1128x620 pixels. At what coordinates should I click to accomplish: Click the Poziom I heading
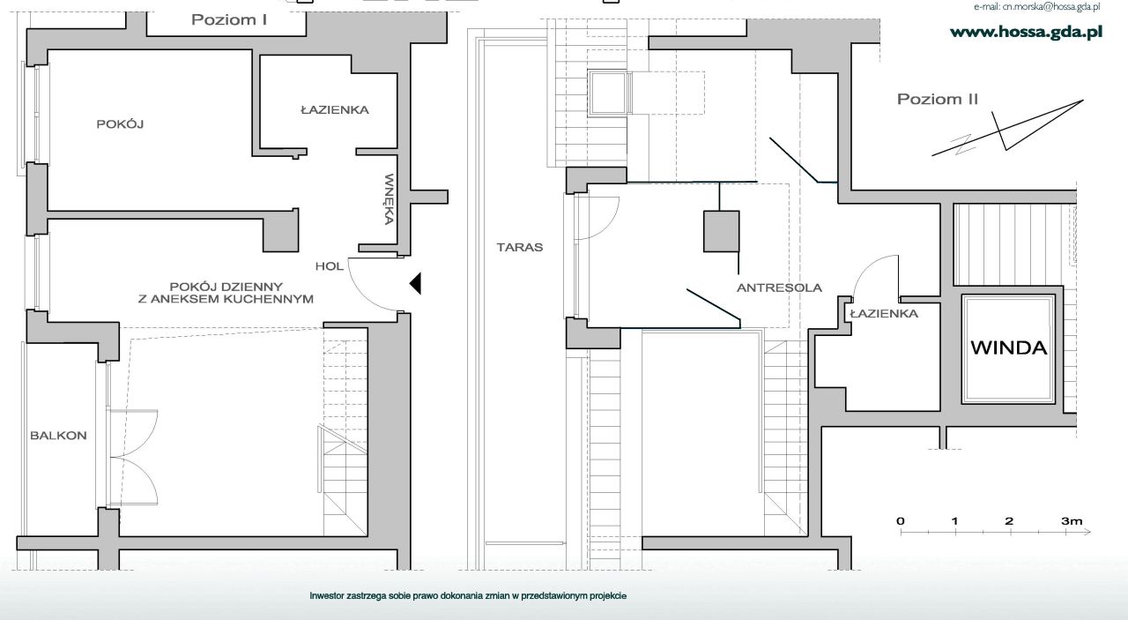click(x=229, y=20)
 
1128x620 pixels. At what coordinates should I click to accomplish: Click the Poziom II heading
click(x=938, y=99)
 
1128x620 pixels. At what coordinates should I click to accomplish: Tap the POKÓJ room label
click(x=121, y=123)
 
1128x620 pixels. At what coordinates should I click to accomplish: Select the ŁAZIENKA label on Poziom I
click(x=335, y=109)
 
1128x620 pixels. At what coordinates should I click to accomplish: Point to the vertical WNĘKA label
click(x=389, y=199)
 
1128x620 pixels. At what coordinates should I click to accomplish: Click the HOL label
click(x=330, y=266)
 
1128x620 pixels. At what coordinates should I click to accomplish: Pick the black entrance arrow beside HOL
click(x=415, y=283)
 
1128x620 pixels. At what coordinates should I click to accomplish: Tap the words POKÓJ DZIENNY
click(x=226, y=287)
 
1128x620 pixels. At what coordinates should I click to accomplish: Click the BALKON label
click(x=58, y=436)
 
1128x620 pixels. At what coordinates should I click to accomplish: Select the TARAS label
click(x=520, y=247)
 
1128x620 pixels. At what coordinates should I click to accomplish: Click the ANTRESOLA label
click(x=780, y=288)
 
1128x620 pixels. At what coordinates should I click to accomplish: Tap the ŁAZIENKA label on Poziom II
click(x=884, y=314)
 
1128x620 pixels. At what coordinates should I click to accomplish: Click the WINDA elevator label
click(x=1009, y=347)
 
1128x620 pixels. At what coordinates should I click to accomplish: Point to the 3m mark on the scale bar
click(x=1072, y=521)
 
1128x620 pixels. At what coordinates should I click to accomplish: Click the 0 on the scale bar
click(x=901, y=521)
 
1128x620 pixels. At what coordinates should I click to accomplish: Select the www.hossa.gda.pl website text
click(x=1027, y=33)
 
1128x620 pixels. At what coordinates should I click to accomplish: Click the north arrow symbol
click(x=1007, y=128)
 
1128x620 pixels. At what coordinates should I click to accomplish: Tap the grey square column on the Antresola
click(x=721, y=231)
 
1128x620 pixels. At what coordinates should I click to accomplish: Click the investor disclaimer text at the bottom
click(x=468, y=596)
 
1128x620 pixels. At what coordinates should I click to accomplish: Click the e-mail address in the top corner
click(x=1037, y=6)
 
